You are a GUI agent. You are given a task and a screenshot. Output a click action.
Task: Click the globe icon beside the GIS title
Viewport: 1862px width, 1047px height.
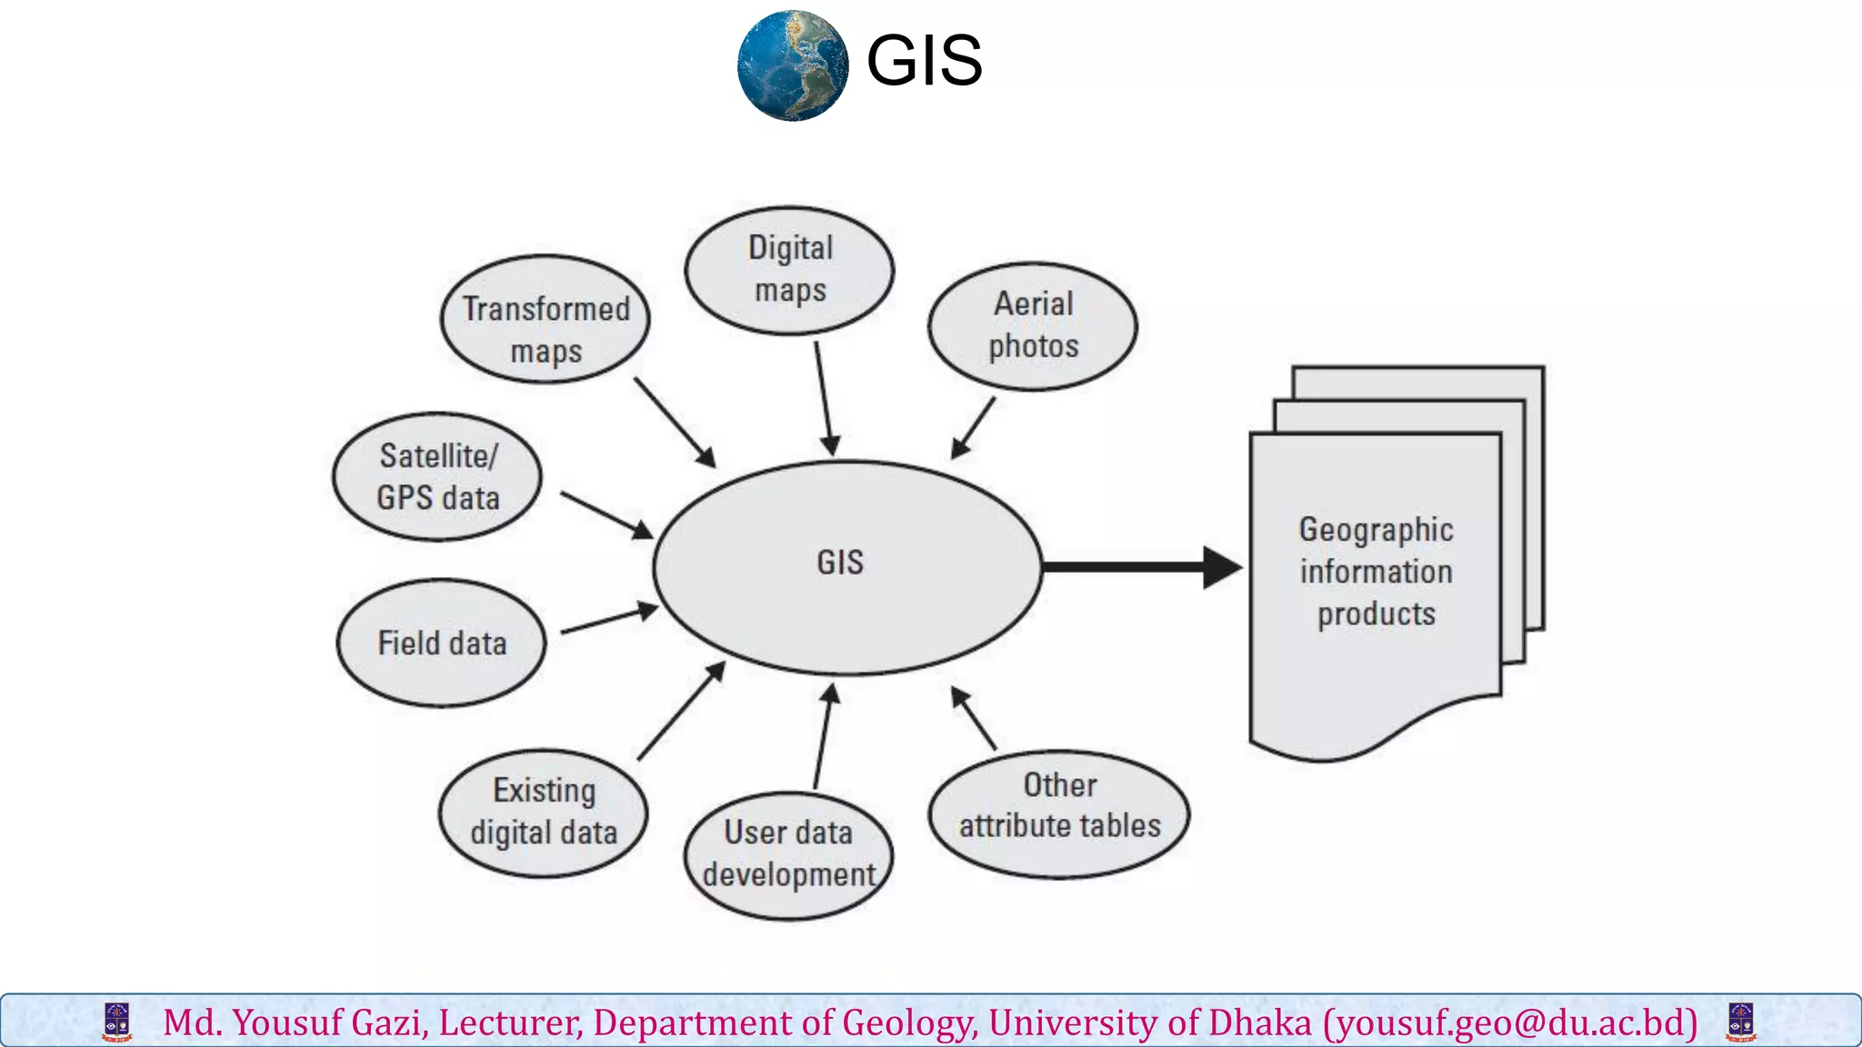tap(793, 65)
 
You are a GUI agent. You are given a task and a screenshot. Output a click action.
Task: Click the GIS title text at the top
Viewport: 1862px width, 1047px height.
tap(924, 61)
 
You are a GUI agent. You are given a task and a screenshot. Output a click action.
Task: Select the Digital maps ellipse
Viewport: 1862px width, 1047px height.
tap(789, 270)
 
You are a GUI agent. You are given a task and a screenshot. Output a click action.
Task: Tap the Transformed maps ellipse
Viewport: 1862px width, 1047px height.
tap(545, 319)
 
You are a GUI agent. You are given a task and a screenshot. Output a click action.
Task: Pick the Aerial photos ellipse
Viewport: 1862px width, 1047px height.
tap(1033, 326)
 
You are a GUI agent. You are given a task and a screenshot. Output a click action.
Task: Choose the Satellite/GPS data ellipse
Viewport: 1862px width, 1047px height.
tap(437, 476)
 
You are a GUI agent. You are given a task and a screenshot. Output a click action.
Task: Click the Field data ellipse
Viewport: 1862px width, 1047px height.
tap(441, 643)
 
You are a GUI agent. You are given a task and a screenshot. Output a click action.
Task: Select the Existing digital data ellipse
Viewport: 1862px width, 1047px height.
tap(544, 813)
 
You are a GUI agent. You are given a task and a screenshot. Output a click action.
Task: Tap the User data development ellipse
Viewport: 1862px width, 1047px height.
tap(788, 854)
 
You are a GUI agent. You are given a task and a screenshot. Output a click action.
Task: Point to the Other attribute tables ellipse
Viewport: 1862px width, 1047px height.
tap(1059, 813)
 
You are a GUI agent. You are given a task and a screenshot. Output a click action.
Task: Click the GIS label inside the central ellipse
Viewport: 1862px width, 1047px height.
tap(840, 563)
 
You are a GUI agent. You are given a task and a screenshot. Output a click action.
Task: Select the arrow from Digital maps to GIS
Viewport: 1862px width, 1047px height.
tap(824, 398)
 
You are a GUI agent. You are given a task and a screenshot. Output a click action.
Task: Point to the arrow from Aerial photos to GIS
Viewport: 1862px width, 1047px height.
tap(974, 427)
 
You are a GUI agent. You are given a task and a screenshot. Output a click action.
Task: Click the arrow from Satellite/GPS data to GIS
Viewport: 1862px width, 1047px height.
tap(606, 514)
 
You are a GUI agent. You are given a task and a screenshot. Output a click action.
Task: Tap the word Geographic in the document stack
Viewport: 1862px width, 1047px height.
tap(1376, 529)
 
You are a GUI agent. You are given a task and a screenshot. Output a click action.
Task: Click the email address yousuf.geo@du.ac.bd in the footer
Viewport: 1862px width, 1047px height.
tap(1510, 1022)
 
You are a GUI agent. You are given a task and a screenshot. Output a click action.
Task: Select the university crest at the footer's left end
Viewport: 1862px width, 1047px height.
tap(117, 1022)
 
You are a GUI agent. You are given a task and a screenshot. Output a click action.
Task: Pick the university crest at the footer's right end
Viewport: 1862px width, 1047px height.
tap(1740, 1022)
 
